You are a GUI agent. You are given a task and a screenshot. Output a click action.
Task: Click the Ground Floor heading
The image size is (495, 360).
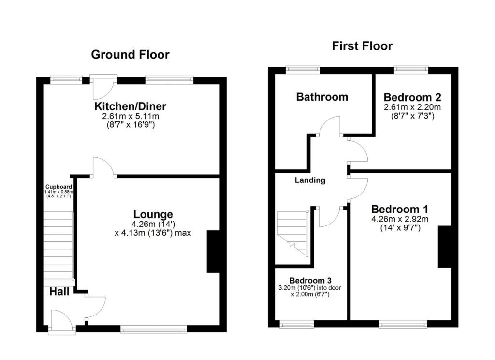pyautogui.click(x=130, y=54)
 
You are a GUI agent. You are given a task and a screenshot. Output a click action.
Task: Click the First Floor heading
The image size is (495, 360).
pyautogui.click(x=362, y=46)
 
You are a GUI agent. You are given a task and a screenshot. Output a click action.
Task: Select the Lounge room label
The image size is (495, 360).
pyautogui.click(x=153, y=214)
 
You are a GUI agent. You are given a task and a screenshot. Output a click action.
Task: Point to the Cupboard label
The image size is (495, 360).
pyautogui.click(x=58, y=187)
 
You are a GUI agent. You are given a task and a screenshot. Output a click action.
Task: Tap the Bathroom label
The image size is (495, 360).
pyautogui.click(x=322, y=97)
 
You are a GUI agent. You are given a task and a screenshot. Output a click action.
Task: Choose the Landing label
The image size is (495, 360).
pyautogui.click(x=310, y=180)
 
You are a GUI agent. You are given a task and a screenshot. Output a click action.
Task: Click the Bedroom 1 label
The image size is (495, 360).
pyautogui.click(x=399, y=210)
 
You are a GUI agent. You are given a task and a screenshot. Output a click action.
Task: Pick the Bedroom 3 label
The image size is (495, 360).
pyautogui.click(x=310, y=281)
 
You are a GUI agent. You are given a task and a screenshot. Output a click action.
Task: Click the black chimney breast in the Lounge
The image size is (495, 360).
pyautogui.click(x=213, y=252)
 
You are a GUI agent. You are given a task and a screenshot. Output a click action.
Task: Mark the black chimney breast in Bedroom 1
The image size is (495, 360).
pyautogui.click(x=445, y=247)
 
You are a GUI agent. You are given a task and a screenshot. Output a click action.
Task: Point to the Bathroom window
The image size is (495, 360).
pyautogui.click(x=303, y=70)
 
